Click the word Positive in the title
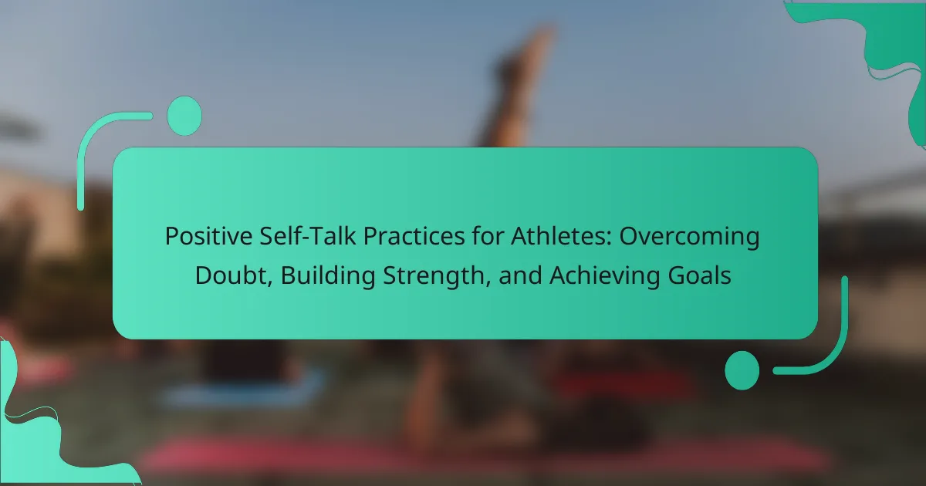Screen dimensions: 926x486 pyautogui.click(x=209, y=236)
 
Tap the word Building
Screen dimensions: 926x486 pyautogui.click(x=328, y=276)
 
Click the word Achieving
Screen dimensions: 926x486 pyautogui.click(x=604, y=276)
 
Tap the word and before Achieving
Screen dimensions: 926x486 pyautogui.click(x=520, y=275)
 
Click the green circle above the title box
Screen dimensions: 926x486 pyautogui.click(x=184, y=116)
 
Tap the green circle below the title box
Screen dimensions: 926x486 pyautogui.click(x=742, y=370)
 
